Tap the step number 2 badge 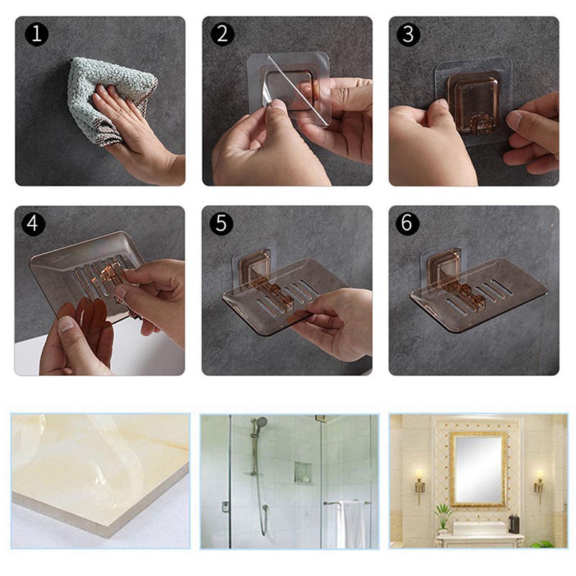tap(221, 35)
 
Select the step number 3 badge tap(408, 35)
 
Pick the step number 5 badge tap(221, 223)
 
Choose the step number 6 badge tap(408, 223)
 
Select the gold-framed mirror tap(477, 468)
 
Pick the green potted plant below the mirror tap(443, 514)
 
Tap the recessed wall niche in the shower tap(302, 472)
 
